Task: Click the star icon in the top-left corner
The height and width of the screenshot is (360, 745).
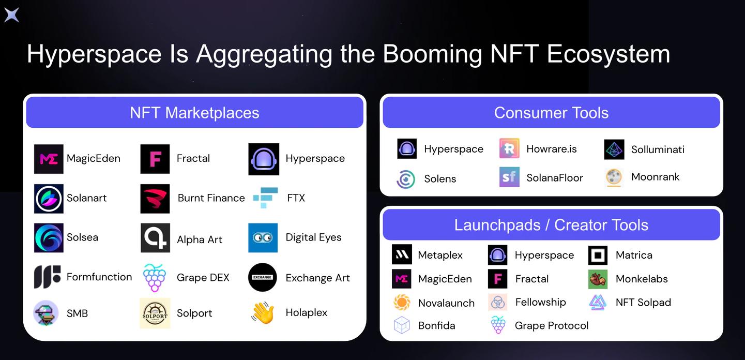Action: (x=12, y=15)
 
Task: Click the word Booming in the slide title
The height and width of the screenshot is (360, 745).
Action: (x=432, y=54)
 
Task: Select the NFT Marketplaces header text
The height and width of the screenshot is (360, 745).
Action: (x=194, y=113)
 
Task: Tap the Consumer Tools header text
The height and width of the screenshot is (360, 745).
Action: (x=552, y=113)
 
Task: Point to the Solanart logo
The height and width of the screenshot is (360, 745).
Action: (x=49, y=199)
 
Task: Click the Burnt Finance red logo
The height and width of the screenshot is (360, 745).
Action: (x=155, y=199)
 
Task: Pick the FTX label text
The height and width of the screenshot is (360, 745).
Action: (x=296, y=198)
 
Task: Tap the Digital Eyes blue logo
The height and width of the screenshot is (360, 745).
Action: (x=263, y=237)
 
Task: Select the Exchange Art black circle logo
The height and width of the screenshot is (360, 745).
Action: (x=263, y=277)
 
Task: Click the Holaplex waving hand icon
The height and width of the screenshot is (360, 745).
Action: (x=263, y=312)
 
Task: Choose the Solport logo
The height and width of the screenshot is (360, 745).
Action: (x=155, y=313)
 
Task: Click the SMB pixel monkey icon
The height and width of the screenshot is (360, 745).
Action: (x=46, y=313)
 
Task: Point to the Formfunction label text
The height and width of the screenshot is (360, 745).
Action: (x=99, y=277)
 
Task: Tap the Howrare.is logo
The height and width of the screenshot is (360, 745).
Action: (x=509, y=148)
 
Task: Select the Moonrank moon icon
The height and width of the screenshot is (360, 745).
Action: (x=614, y=177)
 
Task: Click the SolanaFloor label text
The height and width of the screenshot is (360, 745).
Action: (x=555, y=177)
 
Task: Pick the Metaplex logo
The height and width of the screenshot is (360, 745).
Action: (x=402, y=254)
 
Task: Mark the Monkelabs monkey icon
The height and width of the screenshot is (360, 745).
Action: (x=598, y=279)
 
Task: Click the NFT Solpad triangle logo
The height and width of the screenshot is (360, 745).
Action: (x=598, y=303)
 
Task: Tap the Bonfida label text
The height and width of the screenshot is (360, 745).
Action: (x=437, y=325)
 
